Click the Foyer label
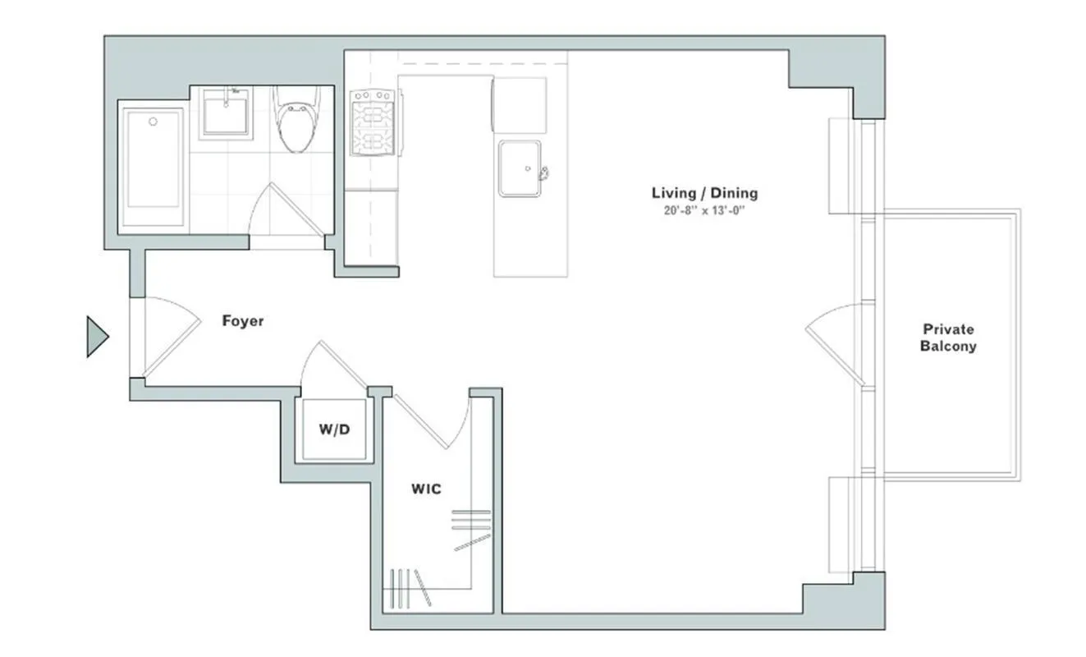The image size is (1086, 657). [243, 321]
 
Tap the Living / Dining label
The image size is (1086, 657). [704, 194]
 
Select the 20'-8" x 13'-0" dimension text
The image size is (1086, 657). [704, 210]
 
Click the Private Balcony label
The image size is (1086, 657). [948, 338]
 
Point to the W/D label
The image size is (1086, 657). [336, 429]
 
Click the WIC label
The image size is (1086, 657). [426, 489]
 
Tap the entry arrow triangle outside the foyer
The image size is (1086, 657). [97, 337]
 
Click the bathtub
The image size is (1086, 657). [154, 168]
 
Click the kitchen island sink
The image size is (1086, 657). [520, 168]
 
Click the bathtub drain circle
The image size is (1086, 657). [153, 122]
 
